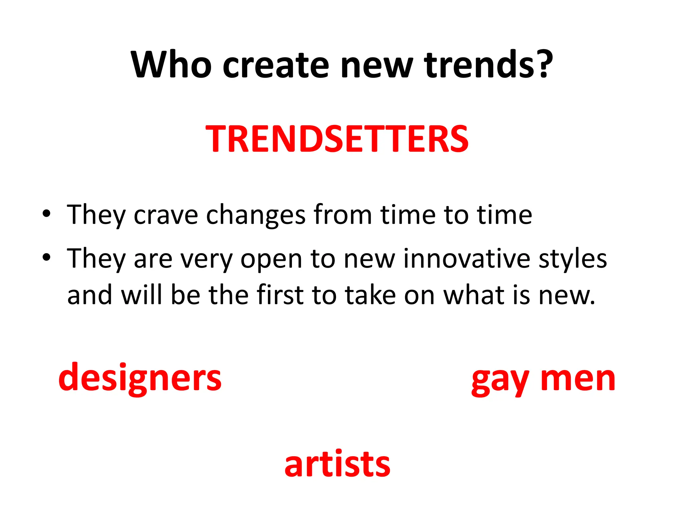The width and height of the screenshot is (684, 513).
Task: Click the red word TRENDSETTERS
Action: pyautogui.click(x=337, y=139)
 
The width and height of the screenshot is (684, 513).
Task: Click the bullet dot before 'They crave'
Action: pyautogui.click(x=46, y=214)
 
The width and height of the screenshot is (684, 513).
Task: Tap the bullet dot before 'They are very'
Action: pyautogui.click(x=46, y=257)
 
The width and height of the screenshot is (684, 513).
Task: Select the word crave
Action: pyautogui.click(x=166, y=215)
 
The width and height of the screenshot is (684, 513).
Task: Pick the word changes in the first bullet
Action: pyautogui.click(x=255, y=215)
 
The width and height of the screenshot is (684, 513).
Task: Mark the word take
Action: pyautogui.click(x=370, y=295)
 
